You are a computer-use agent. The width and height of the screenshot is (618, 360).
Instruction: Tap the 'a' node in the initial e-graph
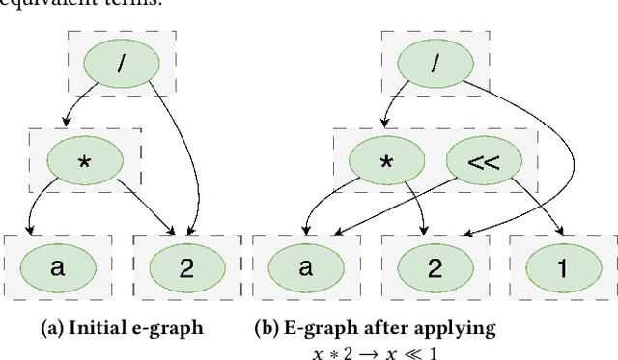[57, 267]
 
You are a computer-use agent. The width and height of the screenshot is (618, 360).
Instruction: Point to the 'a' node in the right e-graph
[307, 267]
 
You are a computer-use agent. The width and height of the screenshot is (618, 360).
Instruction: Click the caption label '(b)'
[267, 328]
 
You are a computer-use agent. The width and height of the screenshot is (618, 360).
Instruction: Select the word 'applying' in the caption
[462, 329]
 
